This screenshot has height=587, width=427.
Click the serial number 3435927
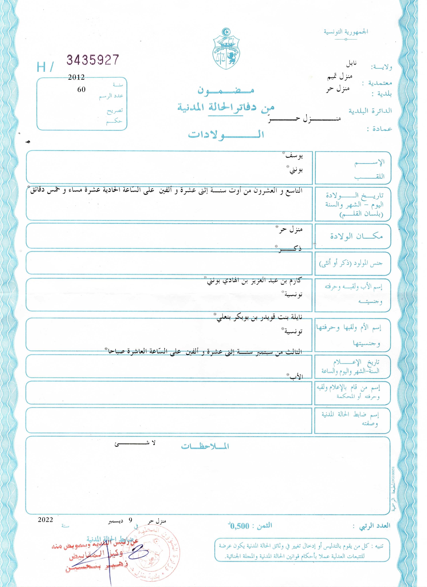coord(93,60)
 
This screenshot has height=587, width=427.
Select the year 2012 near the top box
coord(76,77)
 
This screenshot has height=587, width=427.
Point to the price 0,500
coord(239,526)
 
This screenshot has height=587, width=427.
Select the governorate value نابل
coord(351,63)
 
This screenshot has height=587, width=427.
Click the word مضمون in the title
coord(226,90)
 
